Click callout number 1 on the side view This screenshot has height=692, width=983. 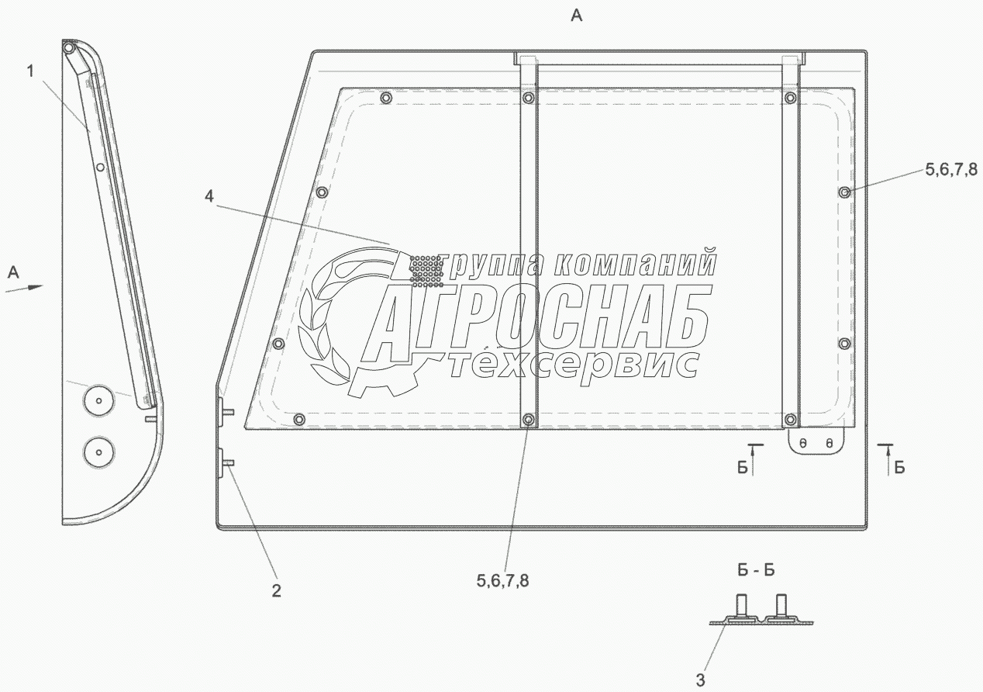pos(30,71)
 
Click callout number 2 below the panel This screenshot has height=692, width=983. pos(276,590)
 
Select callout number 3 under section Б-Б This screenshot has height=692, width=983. pos(700,680)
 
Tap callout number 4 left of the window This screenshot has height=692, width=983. pos(209,196)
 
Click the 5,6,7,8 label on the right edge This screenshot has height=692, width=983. pos(951,169)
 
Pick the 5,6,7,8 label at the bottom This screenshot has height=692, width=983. pos(502,581)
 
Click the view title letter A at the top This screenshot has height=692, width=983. pos(576,16)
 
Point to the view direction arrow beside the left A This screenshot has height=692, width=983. pos(24,288)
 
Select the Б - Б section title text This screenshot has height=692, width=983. pos(756,570)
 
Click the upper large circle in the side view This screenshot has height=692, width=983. pos(98,400)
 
